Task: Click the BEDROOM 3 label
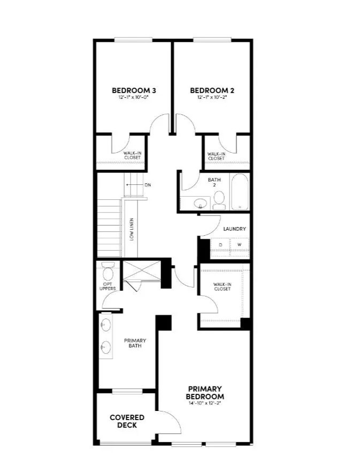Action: pos(133,90)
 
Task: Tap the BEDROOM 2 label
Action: pos(212,90)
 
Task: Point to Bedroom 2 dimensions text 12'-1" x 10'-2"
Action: pos(212,98)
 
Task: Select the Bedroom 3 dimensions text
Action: pos(133,98)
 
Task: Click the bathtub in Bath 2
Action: pos(240,192)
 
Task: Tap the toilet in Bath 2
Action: pos(219,199)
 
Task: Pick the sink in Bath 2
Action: pos(199,203)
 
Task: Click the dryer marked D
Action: pos(220,245)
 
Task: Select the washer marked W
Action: pos(239,245)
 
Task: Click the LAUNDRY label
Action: pos(235,229)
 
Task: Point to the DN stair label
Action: pos(148,185)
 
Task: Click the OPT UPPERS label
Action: pos(109,286)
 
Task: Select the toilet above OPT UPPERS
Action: pos(108,272)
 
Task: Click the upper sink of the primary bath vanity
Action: pos(105,325)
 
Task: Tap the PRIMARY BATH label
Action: pos(135,344)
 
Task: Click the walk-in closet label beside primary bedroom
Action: pos(222,286)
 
